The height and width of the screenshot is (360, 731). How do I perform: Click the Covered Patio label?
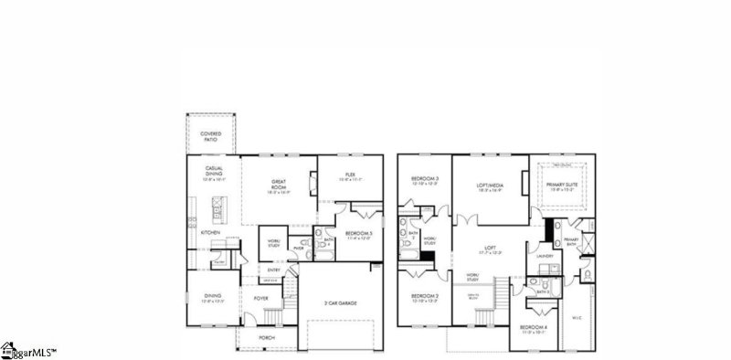(x=210, y=137)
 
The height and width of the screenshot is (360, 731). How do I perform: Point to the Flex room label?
(x=349, y=176)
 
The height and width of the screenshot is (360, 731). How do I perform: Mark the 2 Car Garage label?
(x=339, y=302)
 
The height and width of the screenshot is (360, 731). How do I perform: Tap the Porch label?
(x=267, y=337)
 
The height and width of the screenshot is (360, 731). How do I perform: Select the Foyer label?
(x=261, y=298)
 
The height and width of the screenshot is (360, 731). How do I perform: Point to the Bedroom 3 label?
(x=425, y=180)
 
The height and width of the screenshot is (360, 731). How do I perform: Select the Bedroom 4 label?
(x=534, y=328)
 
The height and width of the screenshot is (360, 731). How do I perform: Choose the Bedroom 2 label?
(x=425, y=298)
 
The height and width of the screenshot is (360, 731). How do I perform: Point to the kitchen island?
(x=217, y=217)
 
